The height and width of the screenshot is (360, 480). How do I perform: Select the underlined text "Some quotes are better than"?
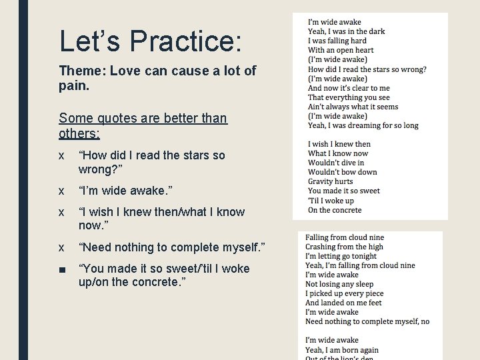[143, 119]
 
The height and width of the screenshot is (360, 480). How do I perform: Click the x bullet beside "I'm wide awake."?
[61, 191]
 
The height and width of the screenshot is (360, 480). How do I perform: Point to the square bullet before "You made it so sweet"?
[61, 269]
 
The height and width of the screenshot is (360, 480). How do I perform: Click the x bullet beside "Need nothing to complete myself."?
[61, 247]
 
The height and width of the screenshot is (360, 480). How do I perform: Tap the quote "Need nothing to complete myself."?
[171, 247]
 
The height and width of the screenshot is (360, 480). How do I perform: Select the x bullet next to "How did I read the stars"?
[61, 155]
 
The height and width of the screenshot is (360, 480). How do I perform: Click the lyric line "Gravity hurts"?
[331, 181]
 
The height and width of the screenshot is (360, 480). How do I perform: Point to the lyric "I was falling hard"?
[337, 41]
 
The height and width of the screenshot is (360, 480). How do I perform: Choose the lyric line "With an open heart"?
[341, 50]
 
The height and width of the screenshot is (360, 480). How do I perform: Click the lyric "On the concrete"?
[335, 210]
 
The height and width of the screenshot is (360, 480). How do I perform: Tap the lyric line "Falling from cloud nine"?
[345, 237]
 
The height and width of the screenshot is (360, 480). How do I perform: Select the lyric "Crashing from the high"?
[344, 247]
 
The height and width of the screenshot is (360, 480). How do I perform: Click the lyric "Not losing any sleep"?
[339, 284]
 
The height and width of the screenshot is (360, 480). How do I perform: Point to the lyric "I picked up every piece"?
[344, 293]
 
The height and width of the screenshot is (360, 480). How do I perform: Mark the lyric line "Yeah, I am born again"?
[341, 350]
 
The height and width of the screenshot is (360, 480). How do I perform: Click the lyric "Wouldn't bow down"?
[342, 172]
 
